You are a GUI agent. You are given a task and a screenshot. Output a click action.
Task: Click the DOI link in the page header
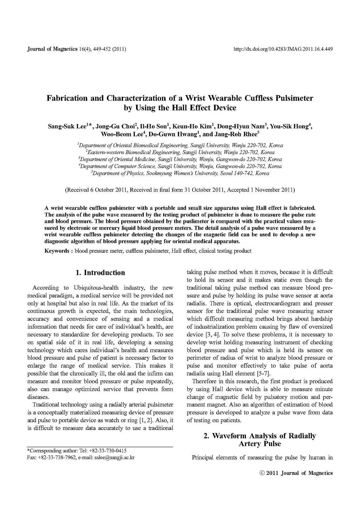point(283,49)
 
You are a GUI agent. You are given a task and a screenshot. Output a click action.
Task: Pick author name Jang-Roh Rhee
point(235,134)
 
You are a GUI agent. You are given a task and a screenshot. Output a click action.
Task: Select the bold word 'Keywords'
point(57,251)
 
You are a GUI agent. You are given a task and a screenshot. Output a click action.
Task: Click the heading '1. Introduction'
point(100,272)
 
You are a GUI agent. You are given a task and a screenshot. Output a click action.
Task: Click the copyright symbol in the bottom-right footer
point(262,473)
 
